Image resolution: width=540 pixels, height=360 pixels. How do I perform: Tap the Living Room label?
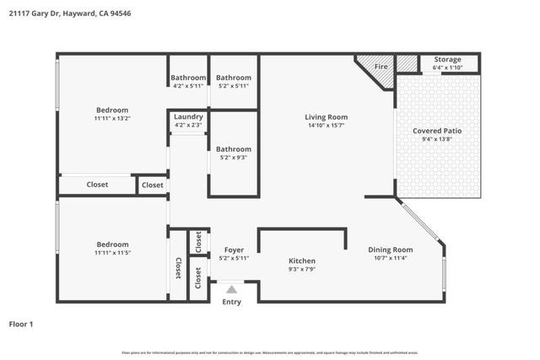[326, 117]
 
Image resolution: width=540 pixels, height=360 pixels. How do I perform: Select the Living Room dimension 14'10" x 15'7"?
[326, 126]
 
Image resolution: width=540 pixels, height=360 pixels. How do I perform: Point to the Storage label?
[448, 60]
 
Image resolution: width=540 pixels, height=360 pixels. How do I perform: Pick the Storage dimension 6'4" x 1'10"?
[448, 67]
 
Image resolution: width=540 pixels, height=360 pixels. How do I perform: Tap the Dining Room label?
[390, 250]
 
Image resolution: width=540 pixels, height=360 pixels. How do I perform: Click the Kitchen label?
[302, 261]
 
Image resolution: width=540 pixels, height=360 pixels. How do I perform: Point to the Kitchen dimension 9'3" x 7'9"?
[302, 270]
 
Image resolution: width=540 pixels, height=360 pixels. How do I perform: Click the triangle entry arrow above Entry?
[231, 289]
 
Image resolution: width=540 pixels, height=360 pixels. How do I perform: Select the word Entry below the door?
[231, 302]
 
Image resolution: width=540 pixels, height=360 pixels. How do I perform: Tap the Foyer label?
[234, 250]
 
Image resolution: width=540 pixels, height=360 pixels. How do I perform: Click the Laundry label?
[188, 117]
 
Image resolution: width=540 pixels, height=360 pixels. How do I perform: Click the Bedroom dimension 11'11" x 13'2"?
[111, 119]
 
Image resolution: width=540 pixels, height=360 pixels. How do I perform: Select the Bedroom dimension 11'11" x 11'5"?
[111, 252]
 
